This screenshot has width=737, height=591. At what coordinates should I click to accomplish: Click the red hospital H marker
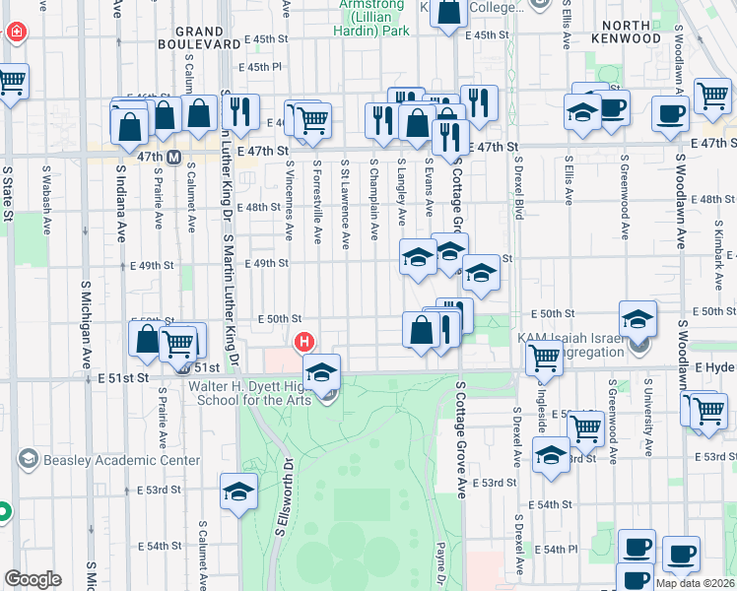pos(305,342)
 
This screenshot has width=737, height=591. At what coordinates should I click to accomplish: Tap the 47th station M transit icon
pos(173,157)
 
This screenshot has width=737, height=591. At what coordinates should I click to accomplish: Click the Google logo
pos(33,579)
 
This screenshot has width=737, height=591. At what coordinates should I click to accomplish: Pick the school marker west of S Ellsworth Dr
pos(238,493)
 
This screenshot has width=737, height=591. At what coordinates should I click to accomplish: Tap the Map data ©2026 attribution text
pos(694,583)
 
